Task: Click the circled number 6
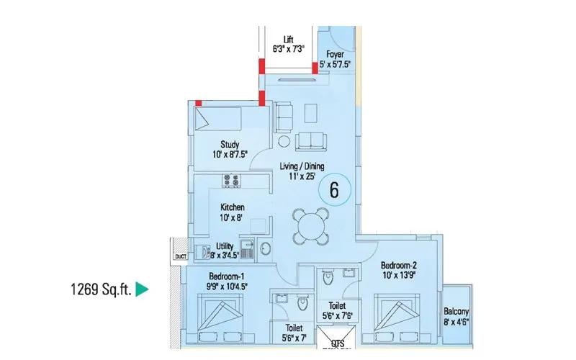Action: tap(333, 191)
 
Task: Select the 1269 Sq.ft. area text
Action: tap(100, 290)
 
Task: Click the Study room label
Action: tap(230, 144)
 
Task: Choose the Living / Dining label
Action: tap(302, 166)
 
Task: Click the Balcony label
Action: tap(457, 312)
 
